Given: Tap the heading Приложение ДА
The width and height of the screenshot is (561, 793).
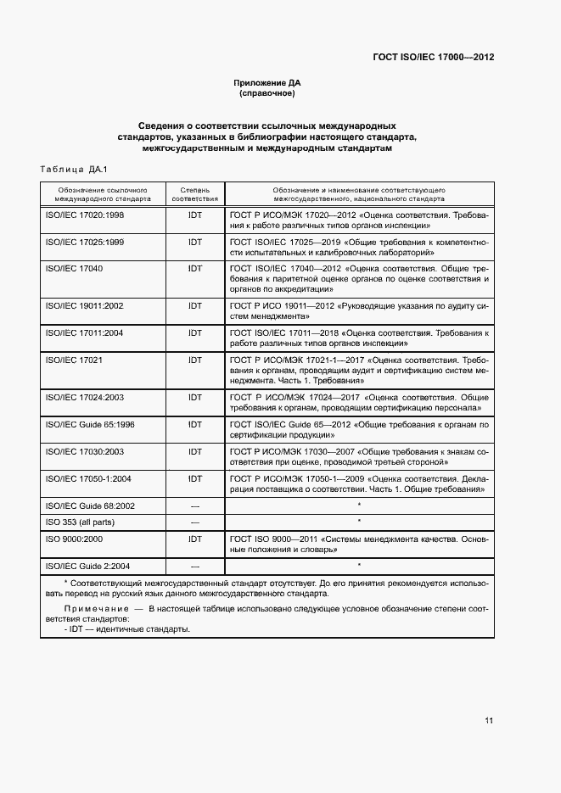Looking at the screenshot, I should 267,82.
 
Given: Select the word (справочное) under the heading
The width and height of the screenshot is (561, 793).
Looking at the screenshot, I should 267,93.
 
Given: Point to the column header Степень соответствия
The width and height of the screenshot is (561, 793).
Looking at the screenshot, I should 195,194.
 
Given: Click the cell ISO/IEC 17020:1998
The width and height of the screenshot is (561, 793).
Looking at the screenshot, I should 84,216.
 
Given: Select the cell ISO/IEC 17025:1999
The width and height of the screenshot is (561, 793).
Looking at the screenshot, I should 84,243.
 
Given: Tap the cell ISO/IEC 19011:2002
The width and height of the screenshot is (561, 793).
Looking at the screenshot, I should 84,305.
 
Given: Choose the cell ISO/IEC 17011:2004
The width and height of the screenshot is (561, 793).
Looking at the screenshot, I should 84,332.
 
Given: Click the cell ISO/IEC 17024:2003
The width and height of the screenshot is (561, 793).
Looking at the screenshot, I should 84,397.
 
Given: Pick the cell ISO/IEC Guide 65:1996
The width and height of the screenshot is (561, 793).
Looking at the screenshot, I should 89,424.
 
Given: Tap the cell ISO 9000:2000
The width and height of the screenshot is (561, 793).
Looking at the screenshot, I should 76,539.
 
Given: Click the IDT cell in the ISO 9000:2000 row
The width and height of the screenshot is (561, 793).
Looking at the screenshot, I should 195,539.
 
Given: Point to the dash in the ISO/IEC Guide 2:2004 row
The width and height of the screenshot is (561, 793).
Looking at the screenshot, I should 195,565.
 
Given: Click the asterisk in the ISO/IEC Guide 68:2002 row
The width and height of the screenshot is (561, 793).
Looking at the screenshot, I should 359,505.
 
